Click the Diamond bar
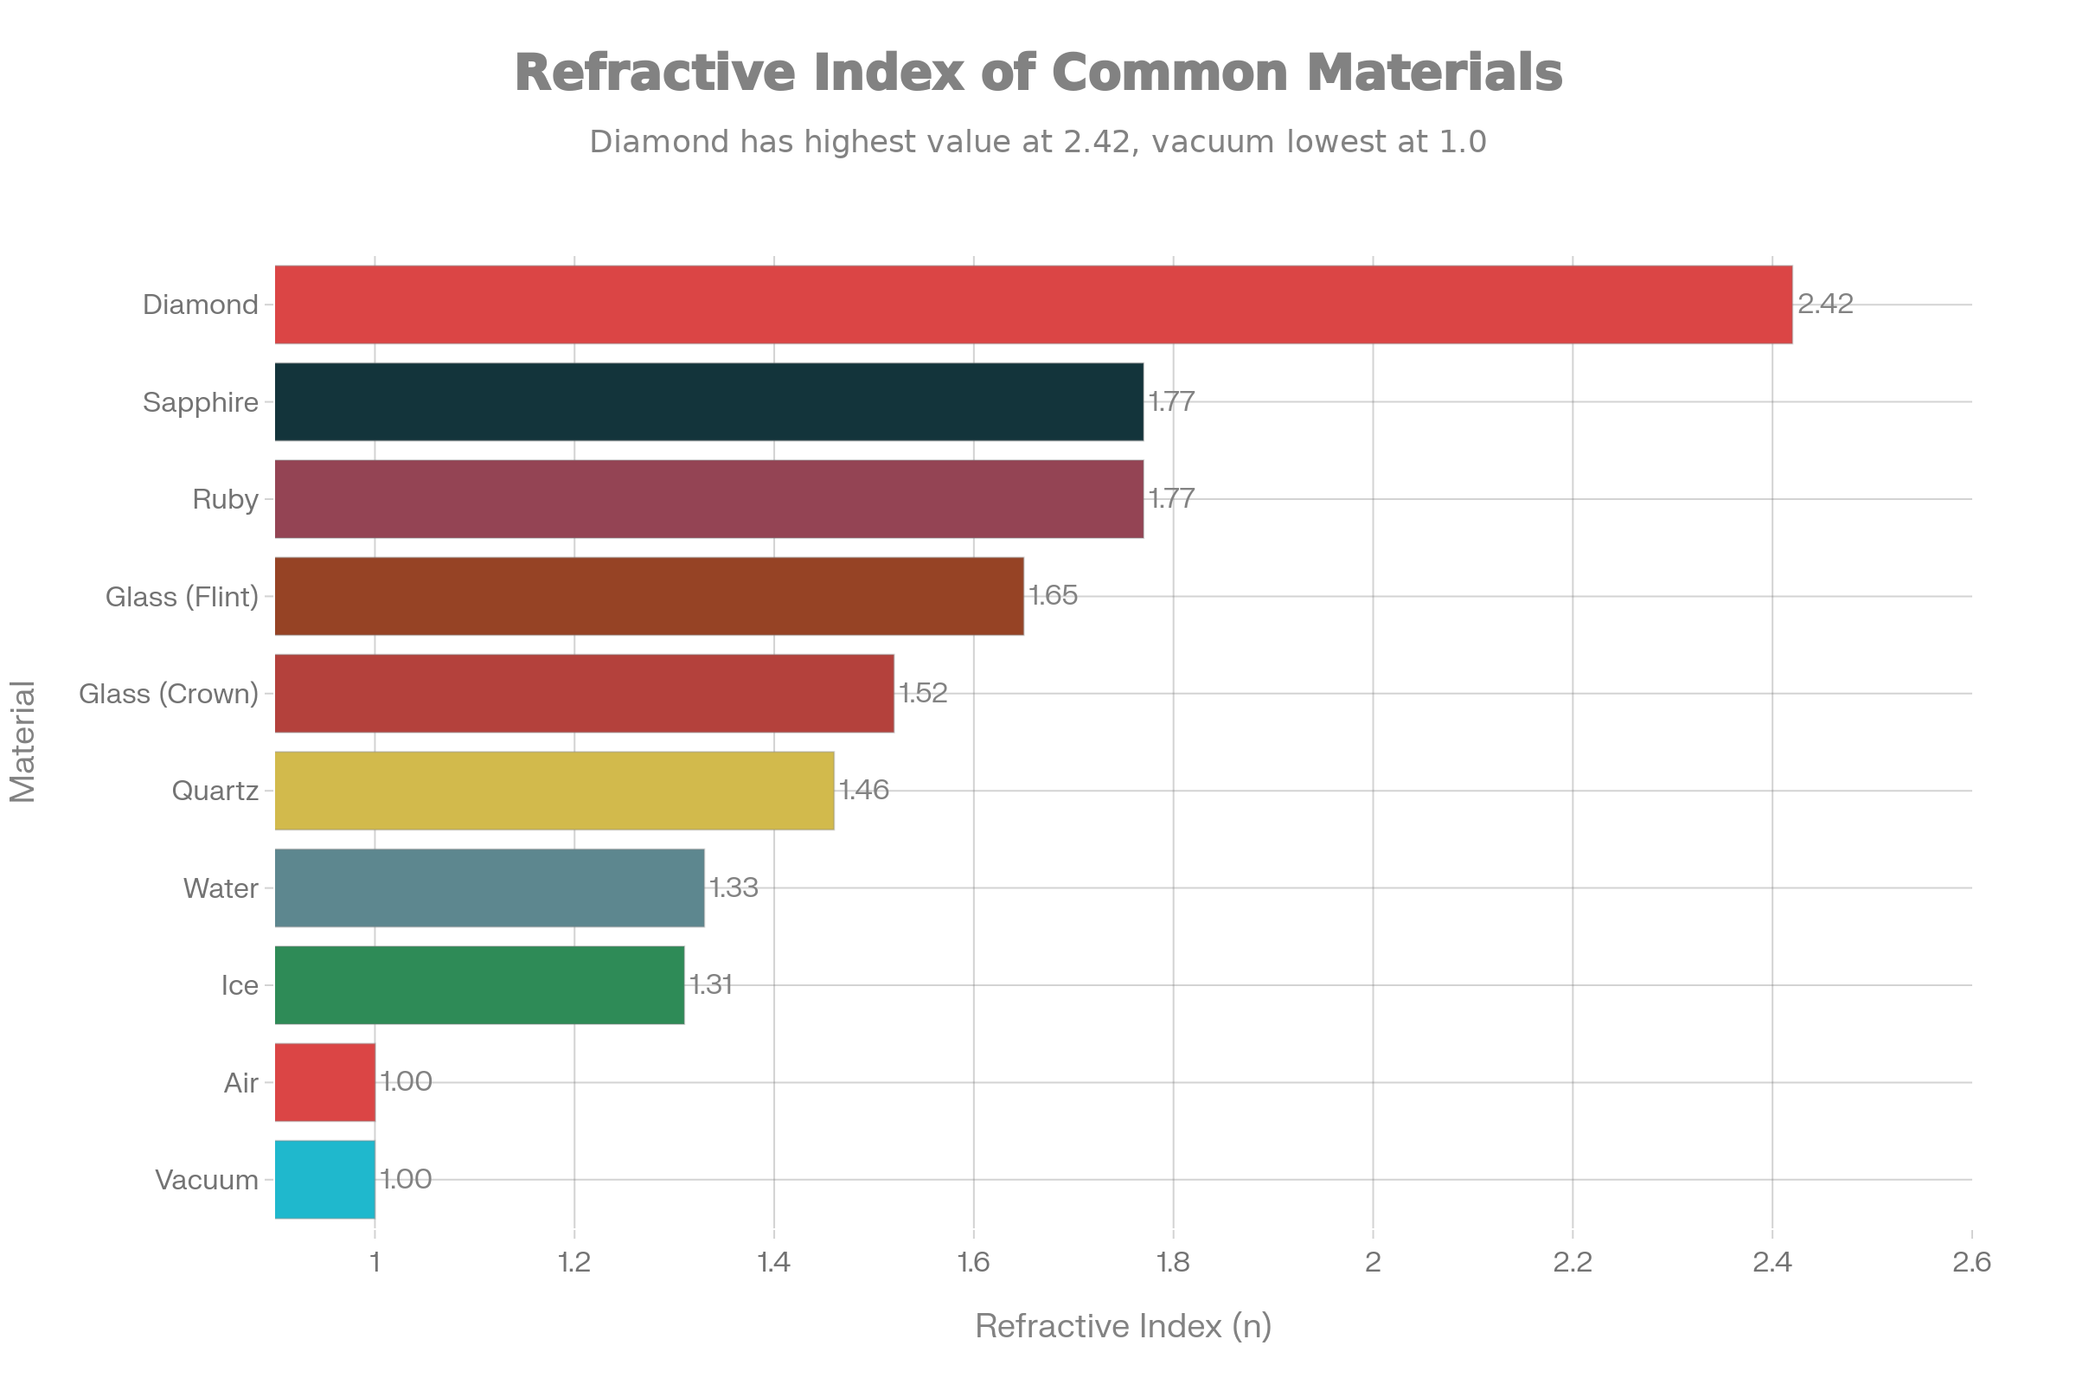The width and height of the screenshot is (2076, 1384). click(1033, 304)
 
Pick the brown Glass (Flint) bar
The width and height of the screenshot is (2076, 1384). click(649, 596)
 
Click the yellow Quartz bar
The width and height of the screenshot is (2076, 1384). click(554, 791)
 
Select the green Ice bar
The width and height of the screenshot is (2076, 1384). click(479, 985)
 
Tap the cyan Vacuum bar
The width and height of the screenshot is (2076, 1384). click(325, 1179)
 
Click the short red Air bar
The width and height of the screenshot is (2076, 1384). click(325, 1082)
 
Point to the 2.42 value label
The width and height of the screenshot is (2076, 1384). click(1825, 304)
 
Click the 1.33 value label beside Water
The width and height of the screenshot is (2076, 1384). click(734, 888)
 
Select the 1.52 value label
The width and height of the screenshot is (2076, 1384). click(922, 694)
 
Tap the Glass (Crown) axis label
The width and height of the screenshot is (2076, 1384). click(169, 694)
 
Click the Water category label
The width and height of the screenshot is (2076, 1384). click(221, 888)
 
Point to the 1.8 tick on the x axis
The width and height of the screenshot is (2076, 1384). click(1173, 1263)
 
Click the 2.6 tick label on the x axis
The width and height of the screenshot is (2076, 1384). click(1972, 1263)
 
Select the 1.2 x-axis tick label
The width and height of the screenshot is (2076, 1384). click(574, 1263)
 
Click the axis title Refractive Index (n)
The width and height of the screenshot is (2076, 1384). click(1123, 1326)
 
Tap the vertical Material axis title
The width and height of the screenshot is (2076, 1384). click(23, 741)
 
